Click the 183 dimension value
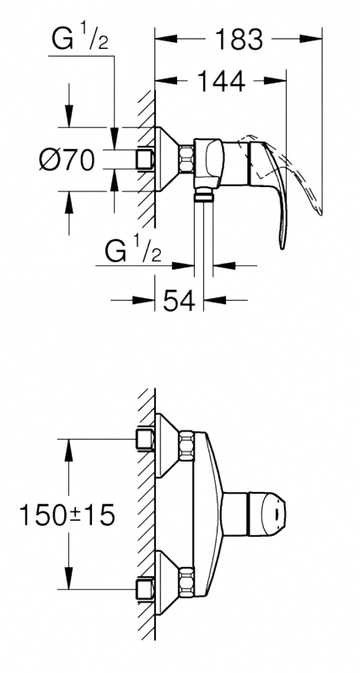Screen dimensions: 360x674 click(x=239, y=40)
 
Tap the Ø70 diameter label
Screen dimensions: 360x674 click(x=67, y=160)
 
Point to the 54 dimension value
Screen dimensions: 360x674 click(x=179, y=300)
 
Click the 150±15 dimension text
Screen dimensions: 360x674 click(x=67, y=515)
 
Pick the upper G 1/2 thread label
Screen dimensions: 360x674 click(x=80, y=40)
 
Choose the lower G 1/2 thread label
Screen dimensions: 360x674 click(x=133, y=251)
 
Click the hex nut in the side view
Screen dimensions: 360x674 click(x=186, y=160)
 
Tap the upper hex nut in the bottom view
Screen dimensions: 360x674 click(x=186, y=447)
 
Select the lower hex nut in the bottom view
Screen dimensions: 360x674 click(x=186, y=581)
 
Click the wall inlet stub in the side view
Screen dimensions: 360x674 click(x=145, y=160)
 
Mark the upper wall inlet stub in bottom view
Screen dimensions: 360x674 click(x=145, y=439)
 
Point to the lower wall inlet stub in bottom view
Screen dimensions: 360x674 click(x=145, y=589)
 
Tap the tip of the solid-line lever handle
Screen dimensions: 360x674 click(x=282, y=248)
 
